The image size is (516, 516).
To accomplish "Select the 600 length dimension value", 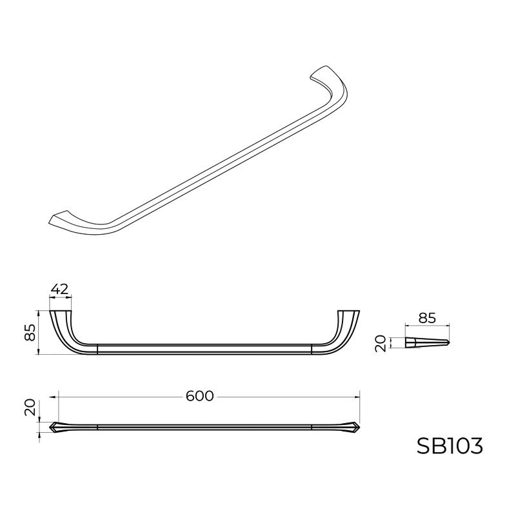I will coord(199,397).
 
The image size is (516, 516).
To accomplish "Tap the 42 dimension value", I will coord(60,290).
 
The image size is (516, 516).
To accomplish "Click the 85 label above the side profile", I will coord(428,317).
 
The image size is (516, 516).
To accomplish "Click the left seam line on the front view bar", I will coord(97,350).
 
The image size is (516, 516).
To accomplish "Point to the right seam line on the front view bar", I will coord(312,350).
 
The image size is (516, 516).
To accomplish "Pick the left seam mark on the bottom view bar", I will coord(97,427).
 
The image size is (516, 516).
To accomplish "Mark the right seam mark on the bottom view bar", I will coord(312,427).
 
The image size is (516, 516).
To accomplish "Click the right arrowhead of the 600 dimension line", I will coord(357,397).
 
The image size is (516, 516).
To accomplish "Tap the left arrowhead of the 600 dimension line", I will coord(61,397).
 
